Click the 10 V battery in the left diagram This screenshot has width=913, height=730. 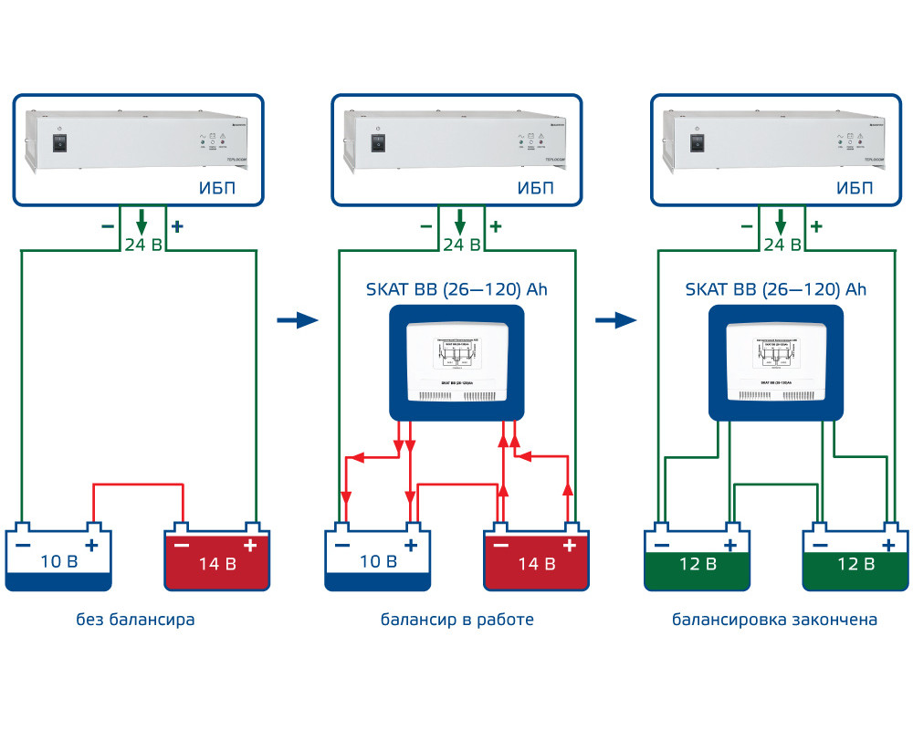(x=58, y=558)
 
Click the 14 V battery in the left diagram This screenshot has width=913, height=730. (x=216, y=558)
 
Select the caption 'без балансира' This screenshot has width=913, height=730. (x=136, y=620)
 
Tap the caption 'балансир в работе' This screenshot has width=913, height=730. (x=456, y=620)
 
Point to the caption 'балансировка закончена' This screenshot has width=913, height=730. (x=775, y=620)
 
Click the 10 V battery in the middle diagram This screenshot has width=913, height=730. (x=377, y=558)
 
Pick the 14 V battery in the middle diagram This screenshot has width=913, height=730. (x=535, y=558)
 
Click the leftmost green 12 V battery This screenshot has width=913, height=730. (x=697, y=558)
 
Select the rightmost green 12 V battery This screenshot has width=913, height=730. (x=855, y=558)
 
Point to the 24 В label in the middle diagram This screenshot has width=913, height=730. (x=461, y=245)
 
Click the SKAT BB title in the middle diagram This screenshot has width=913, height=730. (x=456, y=290)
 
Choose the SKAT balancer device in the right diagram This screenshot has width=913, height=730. (x=776, y=362)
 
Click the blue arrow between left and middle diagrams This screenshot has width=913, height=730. (x=296, y=320)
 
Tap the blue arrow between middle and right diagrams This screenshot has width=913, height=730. (x=615, y=320)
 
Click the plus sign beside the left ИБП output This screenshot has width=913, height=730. (x=177, y=226)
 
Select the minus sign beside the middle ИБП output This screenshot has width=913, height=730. (x=425, y=226)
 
